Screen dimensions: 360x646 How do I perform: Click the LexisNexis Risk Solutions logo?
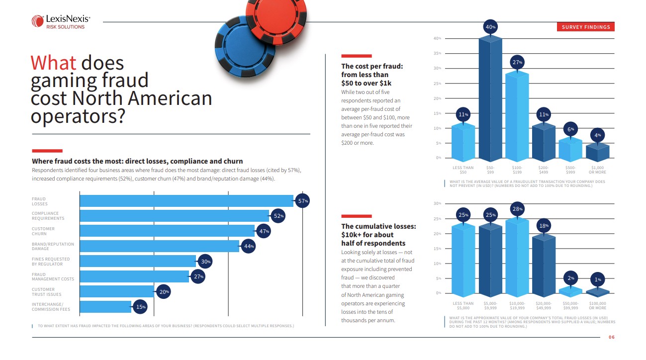(61, 21)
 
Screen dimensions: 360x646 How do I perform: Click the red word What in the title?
(53, 63)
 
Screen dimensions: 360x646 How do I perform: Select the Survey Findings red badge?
(585, 27)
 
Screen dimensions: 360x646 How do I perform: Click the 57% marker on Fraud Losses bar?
(303, 201)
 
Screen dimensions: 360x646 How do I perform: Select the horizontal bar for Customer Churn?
(167, 231)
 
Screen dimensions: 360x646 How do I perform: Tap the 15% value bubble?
(141, 307)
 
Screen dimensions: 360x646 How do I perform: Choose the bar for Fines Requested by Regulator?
(138, 261)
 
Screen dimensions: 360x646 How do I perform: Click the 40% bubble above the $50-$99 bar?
(490, 27)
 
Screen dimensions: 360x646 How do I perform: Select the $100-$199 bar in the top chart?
(517, 114)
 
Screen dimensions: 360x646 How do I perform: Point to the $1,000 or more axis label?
(597, 170)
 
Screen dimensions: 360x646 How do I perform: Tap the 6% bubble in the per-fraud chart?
(571, 129)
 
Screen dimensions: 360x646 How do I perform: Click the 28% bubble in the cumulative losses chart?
(517, 209)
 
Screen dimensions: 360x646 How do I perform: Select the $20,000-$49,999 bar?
(544, 264)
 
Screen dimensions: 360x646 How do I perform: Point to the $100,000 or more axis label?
(597, 305)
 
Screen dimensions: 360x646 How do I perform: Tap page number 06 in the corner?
(611, 338)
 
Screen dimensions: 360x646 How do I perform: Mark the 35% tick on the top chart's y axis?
(438, 53)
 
